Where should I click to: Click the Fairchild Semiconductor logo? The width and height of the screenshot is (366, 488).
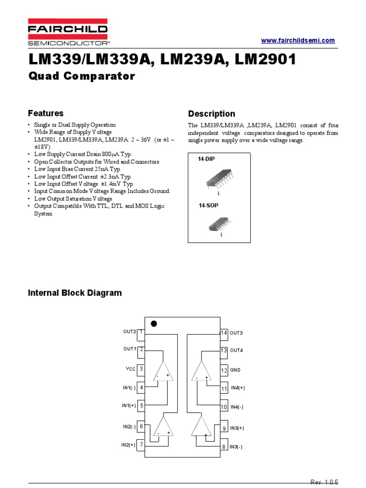(x=68, y=32)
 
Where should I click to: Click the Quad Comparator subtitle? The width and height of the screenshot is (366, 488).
(x=81, y=76)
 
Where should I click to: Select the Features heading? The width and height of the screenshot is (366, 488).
(x=46, y=113)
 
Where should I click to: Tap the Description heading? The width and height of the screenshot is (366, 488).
(x=212, y=114)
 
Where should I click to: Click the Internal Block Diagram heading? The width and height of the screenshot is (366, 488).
(x=75, y=293)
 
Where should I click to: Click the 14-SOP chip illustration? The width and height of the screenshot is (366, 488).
(x=220, y=224)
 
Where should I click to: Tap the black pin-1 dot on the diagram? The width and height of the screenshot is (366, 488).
(x=153, y=324)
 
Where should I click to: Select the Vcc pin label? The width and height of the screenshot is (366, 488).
(x=130, y=369)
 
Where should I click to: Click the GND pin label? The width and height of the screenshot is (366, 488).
(x=235, y=370)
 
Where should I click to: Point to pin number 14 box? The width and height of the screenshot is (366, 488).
(x=224, y=333)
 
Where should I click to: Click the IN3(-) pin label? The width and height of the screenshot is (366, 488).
(x=236, y=447)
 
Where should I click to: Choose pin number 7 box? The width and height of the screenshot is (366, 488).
(x=141, y=444)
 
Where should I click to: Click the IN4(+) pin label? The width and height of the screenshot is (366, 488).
(x=238, y=388)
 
